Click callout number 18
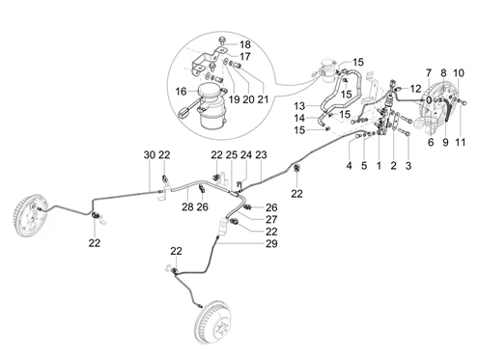click(x=245, y=44)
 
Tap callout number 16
click(x=181, y=92)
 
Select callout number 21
click(x=263, y=99)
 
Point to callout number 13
click(x=299, y=105)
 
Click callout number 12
click(x=415, y=88)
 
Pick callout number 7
click(x=429, y=73)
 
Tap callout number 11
click(x=461, y=142)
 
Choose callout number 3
click(x=409, y=166)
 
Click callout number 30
click(x=150, y=155)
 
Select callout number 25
click(x=232, y=155)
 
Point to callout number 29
click(x=271, y=243)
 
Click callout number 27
click(x=271, y=219)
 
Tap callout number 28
click(x=187, y=207)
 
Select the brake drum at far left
click(x=31, y=215)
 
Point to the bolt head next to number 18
click(x=222, y=41)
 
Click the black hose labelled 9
click(x=448, y=111)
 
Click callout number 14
click(x=299, y=118)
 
